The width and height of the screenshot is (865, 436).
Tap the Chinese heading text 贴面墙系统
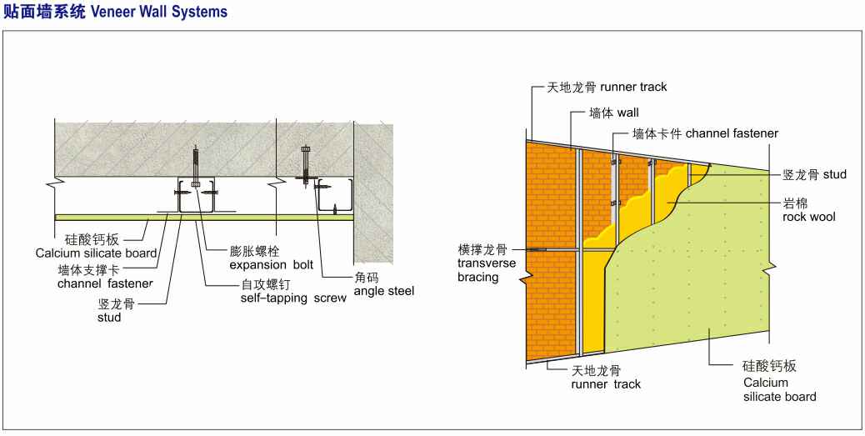pyautogui.click(x=45, y=13)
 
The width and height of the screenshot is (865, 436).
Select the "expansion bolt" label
pyautogui.click(x=272, y=265)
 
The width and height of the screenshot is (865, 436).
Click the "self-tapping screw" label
pyautogui.click(x=293, y=298)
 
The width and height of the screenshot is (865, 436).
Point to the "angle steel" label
pyautogui.click(x=384, y=290)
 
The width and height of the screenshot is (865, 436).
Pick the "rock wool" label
pyautogui.click(x=809, y=217)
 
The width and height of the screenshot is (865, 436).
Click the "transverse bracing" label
pyautogui.click(x=487, y=270)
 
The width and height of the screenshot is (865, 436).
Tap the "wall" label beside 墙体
pyautogui.click(x=627, y=113)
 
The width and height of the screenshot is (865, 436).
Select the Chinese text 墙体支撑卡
pyautogui.click(x=88, y=272)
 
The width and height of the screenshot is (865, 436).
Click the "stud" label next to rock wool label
pyautogui.click(x=835, y=175)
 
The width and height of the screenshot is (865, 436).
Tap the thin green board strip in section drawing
pyautogui.click(x=204, y=217)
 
